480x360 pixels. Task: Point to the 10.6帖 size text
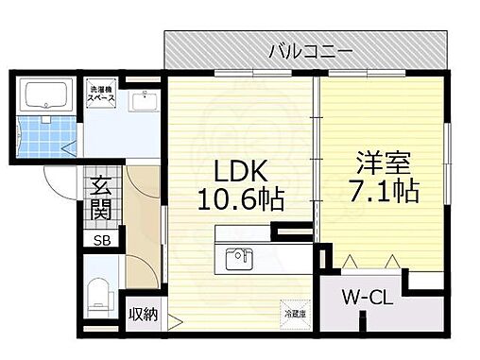click(241, 200)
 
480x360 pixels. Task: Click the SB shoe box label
click(99, 241)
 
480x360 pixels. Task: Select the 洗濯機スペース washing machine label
click(102, 92)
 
